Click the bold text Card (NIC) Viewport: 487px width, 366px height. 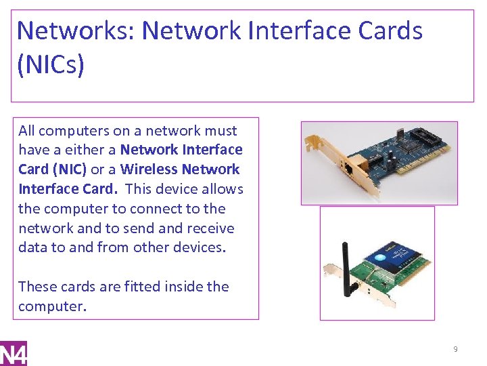pyautogui.click(x=52, y=169)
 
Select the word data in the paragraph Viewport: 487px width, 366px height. pyautogui.click(x=32, y=247)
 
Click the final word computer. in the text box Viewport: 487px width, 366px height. pyautogui.click(x=52, y=306)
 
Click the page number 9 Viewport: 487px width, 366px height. pyautogui.click(x=455, y=349)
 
